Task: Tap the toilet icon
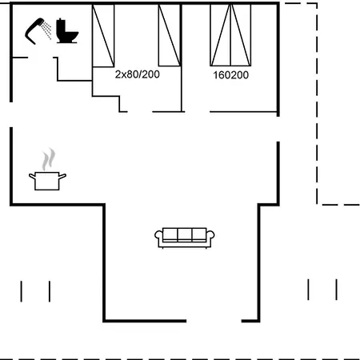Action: (x=67, y=31)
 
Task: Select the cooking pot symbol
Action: (x=47, y=181)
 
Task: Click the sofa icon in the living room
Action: (x=185, y=238)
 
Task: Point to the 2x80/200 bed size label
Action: (x=138, y=74)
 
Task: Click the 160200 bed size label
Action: (x=230, y=75)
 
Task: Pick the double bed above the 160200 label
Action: (x=230, y=35)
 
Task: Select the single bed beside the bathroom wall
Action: (x=103, y=35)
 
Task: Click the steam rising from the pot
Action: (x=48, y=159)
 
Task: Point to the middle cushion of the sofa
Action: (x=185, y=234)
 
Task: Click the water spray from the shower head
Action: (x=47, y=30)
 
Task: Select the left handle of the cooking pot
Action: (x=32, y=176)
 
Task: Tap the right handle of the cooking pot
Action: (x=62, y=176)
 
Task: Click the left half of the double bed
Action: (x=220, y=35)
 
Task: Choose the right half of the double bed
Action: (x=241, y=35)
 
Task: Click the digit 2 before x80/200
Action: (x=118, y=74)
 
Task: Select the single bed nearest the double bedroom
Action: (x=170, y=35)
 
